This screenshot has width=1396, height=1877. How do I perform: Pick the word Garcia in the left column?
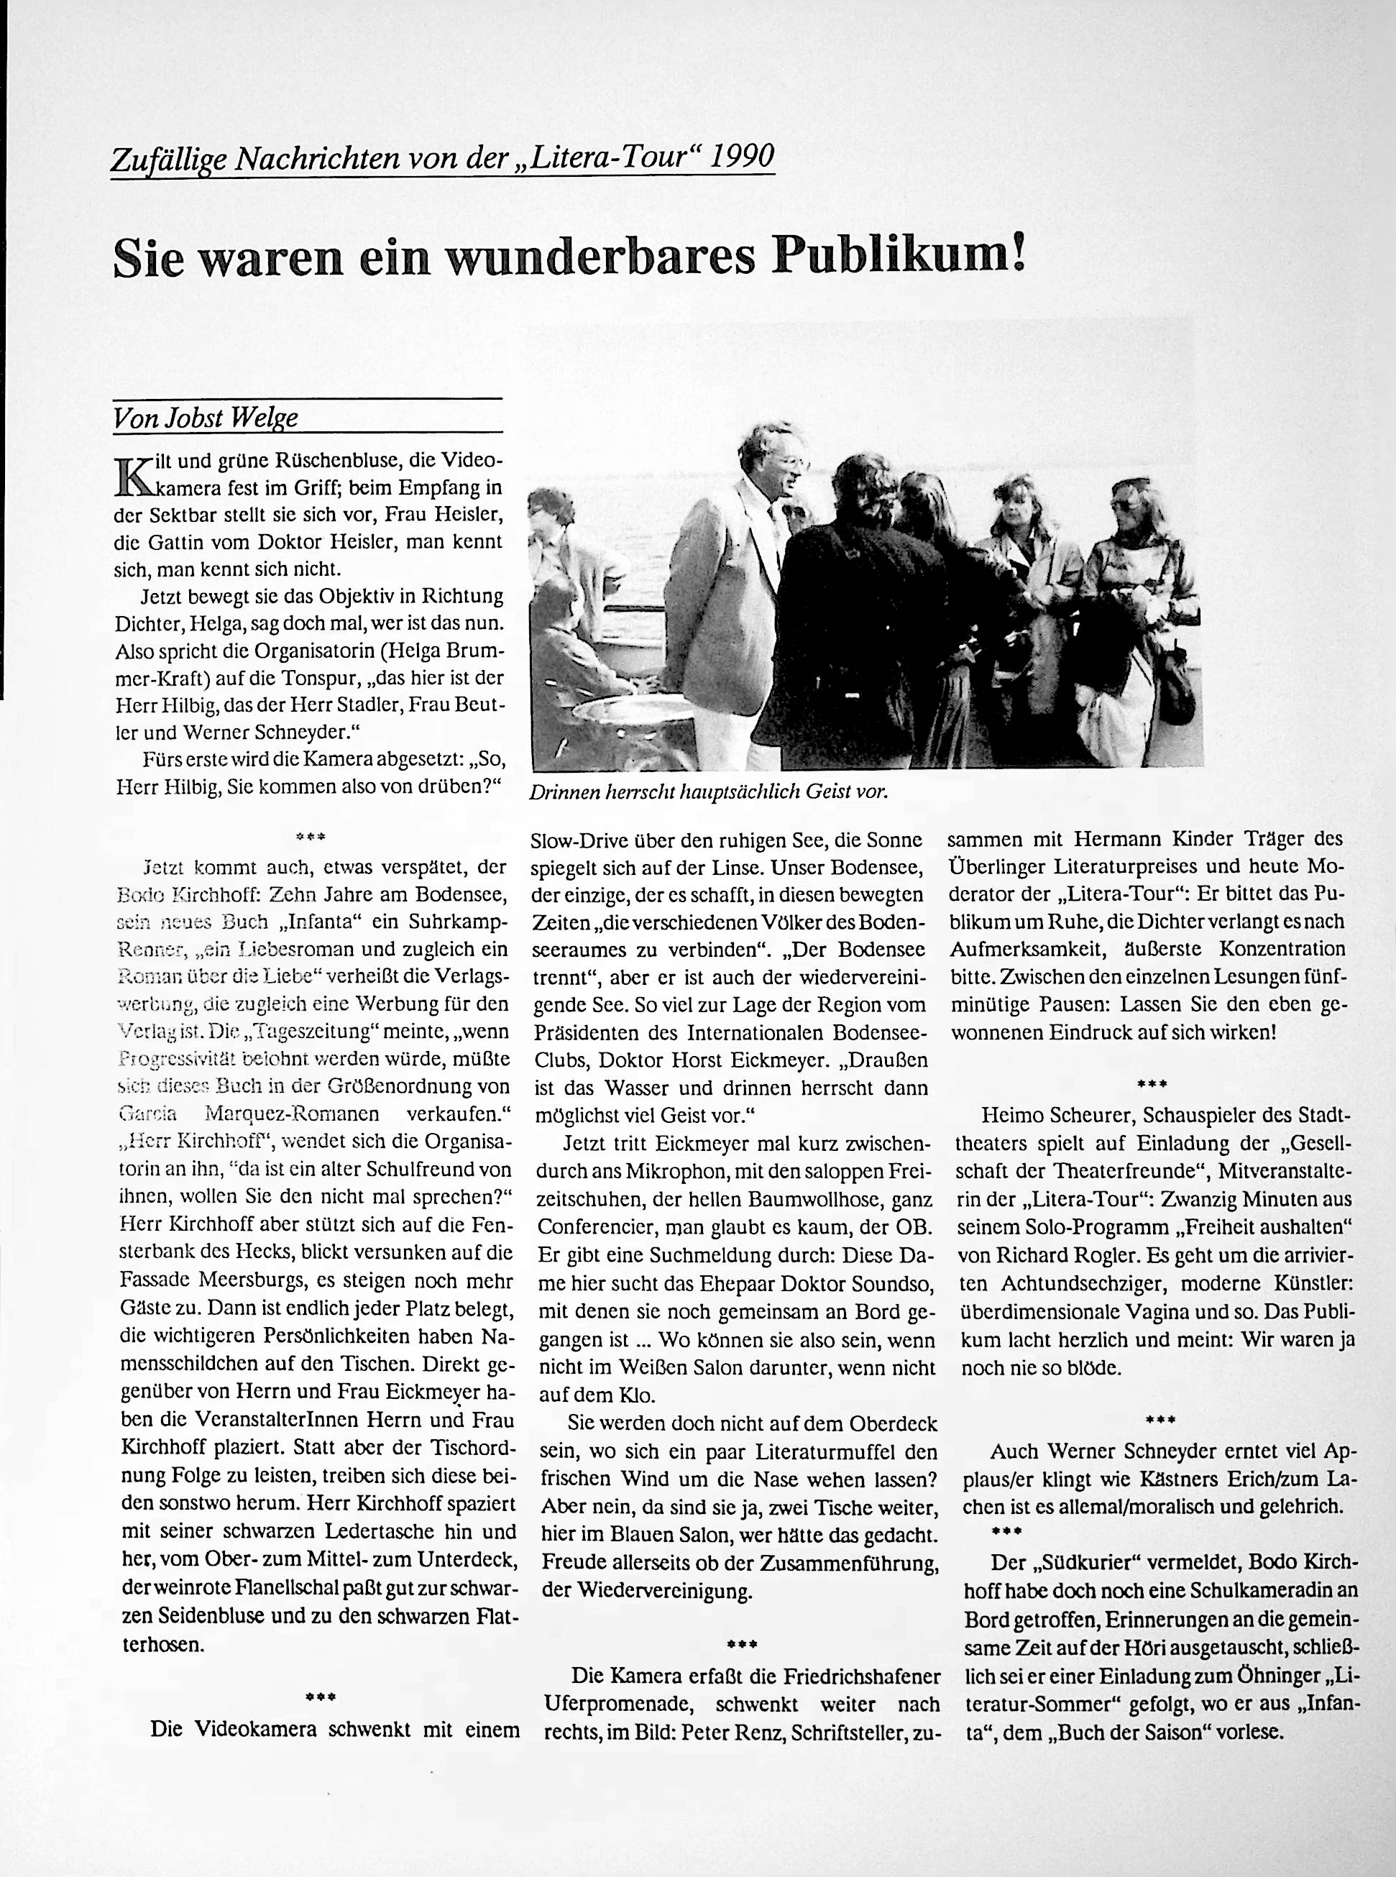144,1114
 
